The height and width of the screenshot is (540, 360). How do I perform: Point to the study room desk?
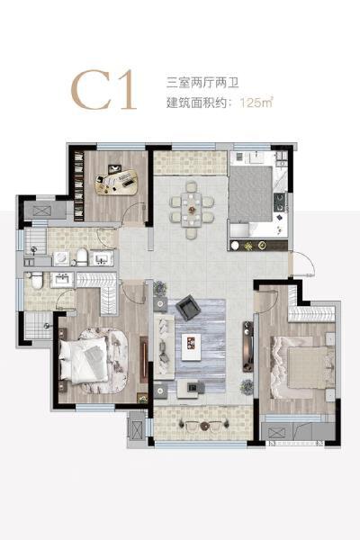pyautogui.click(x=119, y=181)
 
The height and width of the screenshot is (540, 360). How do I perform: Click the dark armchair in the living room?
pyautogui.click(x=189, y=310)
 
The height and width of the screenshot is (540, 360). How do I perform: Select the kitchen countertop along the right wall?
pyautogui.click(x=280, y=202)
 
